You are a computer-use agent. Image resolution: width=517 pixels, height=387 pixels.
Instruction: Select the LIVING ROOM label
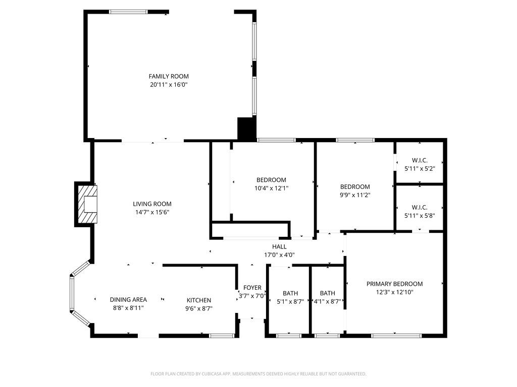tap(152, 204)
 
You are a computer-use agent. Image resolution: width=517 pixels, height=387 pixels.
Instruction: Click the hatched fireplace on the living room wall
tap(86, 204)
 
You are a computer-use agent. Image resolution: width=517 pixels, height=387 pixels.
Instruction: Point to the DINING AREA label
tap(128, 299)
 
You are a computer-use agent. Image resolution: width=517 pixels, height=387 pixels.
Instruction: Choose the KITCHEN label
tap(199, 300)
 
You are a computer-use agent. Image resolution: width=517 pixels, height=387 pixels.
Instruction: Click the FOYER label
tap(252, 288)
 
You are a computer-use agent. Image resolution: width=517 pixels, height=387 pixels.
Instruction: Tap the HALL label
tap(279, 246)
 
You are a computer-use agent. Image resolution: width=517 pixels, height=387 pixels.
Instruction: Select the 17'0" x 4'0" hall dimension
tap(279, 255)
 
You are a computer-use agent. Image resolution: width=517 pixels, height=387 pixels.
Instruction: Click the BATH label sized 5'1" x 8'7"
tap(290, 293)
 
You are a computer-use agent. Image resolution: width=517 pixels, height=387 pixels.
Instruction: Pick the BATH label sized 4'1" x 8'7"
tap(327, 293)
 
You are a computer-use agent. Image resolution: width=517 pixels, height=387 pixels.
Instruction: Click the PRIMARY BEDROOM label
tap(394, 284)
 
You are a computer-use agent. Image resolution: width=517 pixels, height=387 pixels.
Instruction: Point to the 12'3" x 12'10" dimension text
tap(394, 292)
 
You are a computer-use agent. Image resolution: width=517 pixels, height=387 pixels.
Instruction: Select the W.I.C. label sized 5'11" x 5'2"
tap(420, 160)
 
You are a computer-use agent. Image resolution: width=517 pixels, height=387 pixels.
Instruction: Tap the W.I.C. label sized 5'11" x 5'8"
tap(420, 207)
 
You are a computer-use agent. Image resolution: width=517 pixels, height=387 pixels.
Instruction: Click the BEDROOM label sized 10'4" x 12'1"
tap(271, 180)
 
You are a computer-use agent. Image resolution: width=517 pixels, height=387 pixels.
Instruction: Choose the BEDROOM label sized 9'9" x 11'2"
tap(354, 186)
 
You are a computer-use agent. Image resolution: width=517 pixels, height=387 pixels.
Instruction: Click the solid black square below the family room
tap(246, 128)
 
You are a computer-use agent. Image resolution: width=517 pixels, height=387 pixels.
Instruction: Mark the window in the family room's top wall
tap(128, 12)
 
